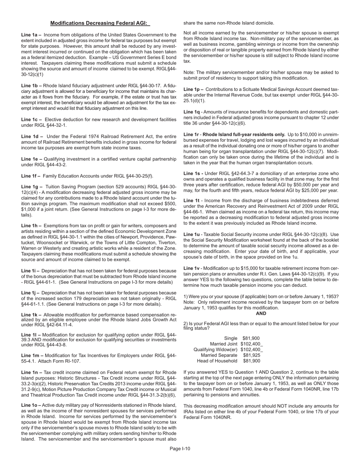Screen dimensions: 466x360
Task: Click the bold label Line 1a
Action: pyautogui.click(x=31, y=34)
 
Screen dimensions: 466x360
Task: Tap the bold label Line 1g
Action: pyautogui.click(x=31, y=187)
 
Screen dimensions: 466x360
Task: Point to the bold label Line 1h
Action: pyautogui.click(x=31, y=226)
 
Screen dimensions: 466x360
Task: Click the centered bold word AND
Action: pyautogui.click(x=261, y=313)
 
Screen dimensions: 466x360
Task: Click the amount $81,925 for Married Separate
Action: pyautogui.click(x=251, y=355)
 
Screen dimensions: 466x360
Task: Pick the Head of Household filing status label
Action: pyautogui.click(x=218, y=361)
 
